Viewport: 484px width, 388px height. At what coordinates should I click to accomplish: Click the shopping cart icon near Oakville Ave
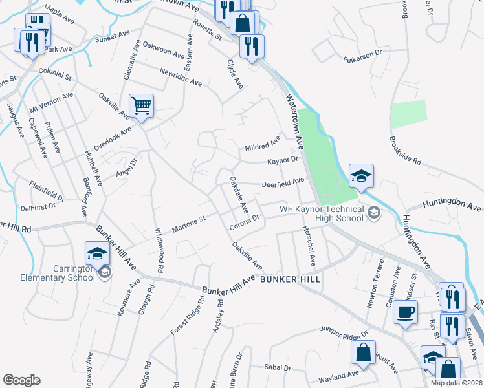tap(141, 105)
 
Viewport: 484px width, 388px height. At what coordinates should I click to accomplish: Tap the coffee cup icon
tap(405, 312)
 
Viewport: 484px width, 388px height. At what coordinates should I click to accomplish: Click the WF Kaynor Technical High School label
tap(321, 213)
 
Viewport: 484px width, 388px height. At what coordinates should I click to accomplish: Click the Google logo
tap(21, 380)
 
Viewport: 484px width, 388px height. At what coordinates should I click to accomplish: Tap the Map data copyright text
tap(456, 383)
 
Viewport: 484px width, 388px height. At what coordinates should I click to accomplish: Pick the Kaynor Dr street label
tap(282, 160)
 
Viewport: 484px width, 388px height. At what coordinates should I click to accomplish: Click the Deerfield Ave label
tap(283, 183)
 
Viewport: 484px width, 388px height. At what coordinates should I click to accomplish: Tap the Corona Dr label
tap(244, 223)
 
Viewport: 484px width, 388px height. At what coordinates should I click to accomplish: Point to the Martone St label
tap(188, 224)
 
